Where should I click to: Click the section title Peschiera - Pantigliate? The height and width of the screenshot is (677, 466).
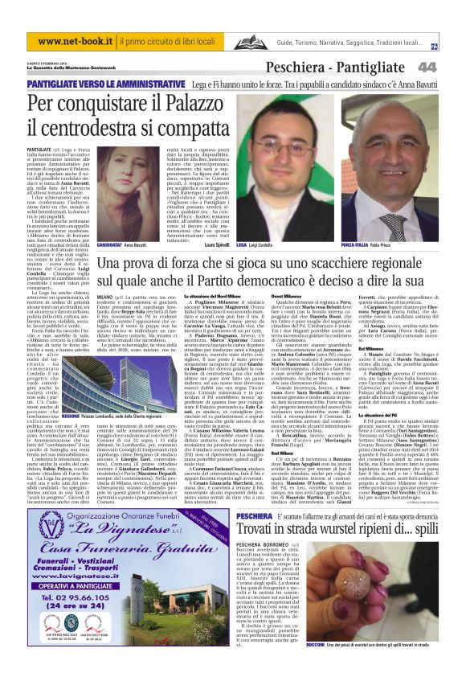[x=353, y=67]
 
